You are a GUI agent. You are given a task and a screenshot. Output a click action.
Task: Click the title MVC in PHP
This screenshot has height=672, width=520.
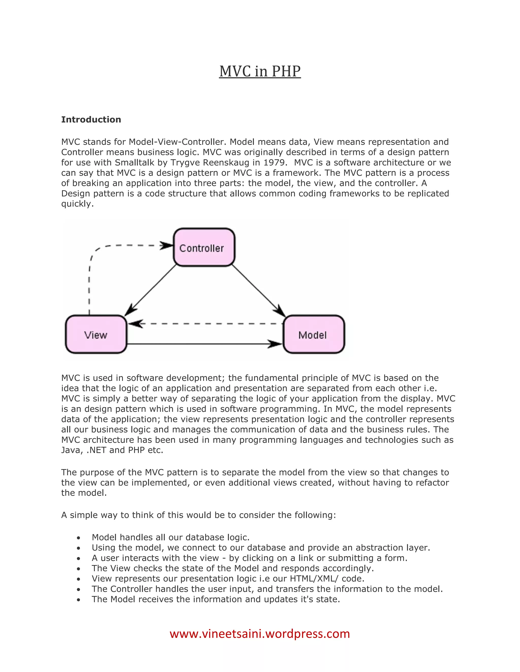coord(260,72)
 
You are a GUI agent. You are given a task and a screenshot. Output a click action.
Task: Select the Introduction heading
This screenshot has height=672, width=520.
coord(91,119)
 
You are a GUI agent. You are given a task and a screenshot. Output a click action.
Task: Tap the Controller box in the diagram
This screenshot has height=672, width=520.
coord(204,247)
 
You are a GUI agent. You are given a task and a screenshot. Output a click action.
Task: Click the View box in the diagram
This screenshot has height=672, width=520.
coord(96,334)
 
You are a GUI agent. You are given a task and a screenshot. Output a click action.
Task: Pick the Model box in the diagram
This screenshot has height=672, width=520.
coord(313,334)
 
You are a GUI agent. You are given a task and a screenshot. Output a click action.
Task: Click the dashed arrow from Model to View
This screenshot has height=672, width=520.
coord(205,324)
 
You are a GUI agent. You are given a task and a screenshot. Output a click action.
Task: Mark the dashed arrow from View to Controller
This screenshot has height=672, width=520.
coord(89,277)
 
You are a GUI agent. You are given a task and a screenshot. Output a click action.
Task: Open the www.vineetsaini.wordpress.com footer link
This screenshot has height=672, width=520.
coord(260,634)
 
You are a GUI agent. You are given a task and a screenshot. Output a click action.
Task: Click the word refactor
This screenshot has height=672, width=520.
coord(432,483)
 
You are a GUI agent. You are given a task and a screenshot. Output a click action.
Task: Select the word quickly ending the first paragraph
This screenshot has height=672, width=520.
coord(77,204)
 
